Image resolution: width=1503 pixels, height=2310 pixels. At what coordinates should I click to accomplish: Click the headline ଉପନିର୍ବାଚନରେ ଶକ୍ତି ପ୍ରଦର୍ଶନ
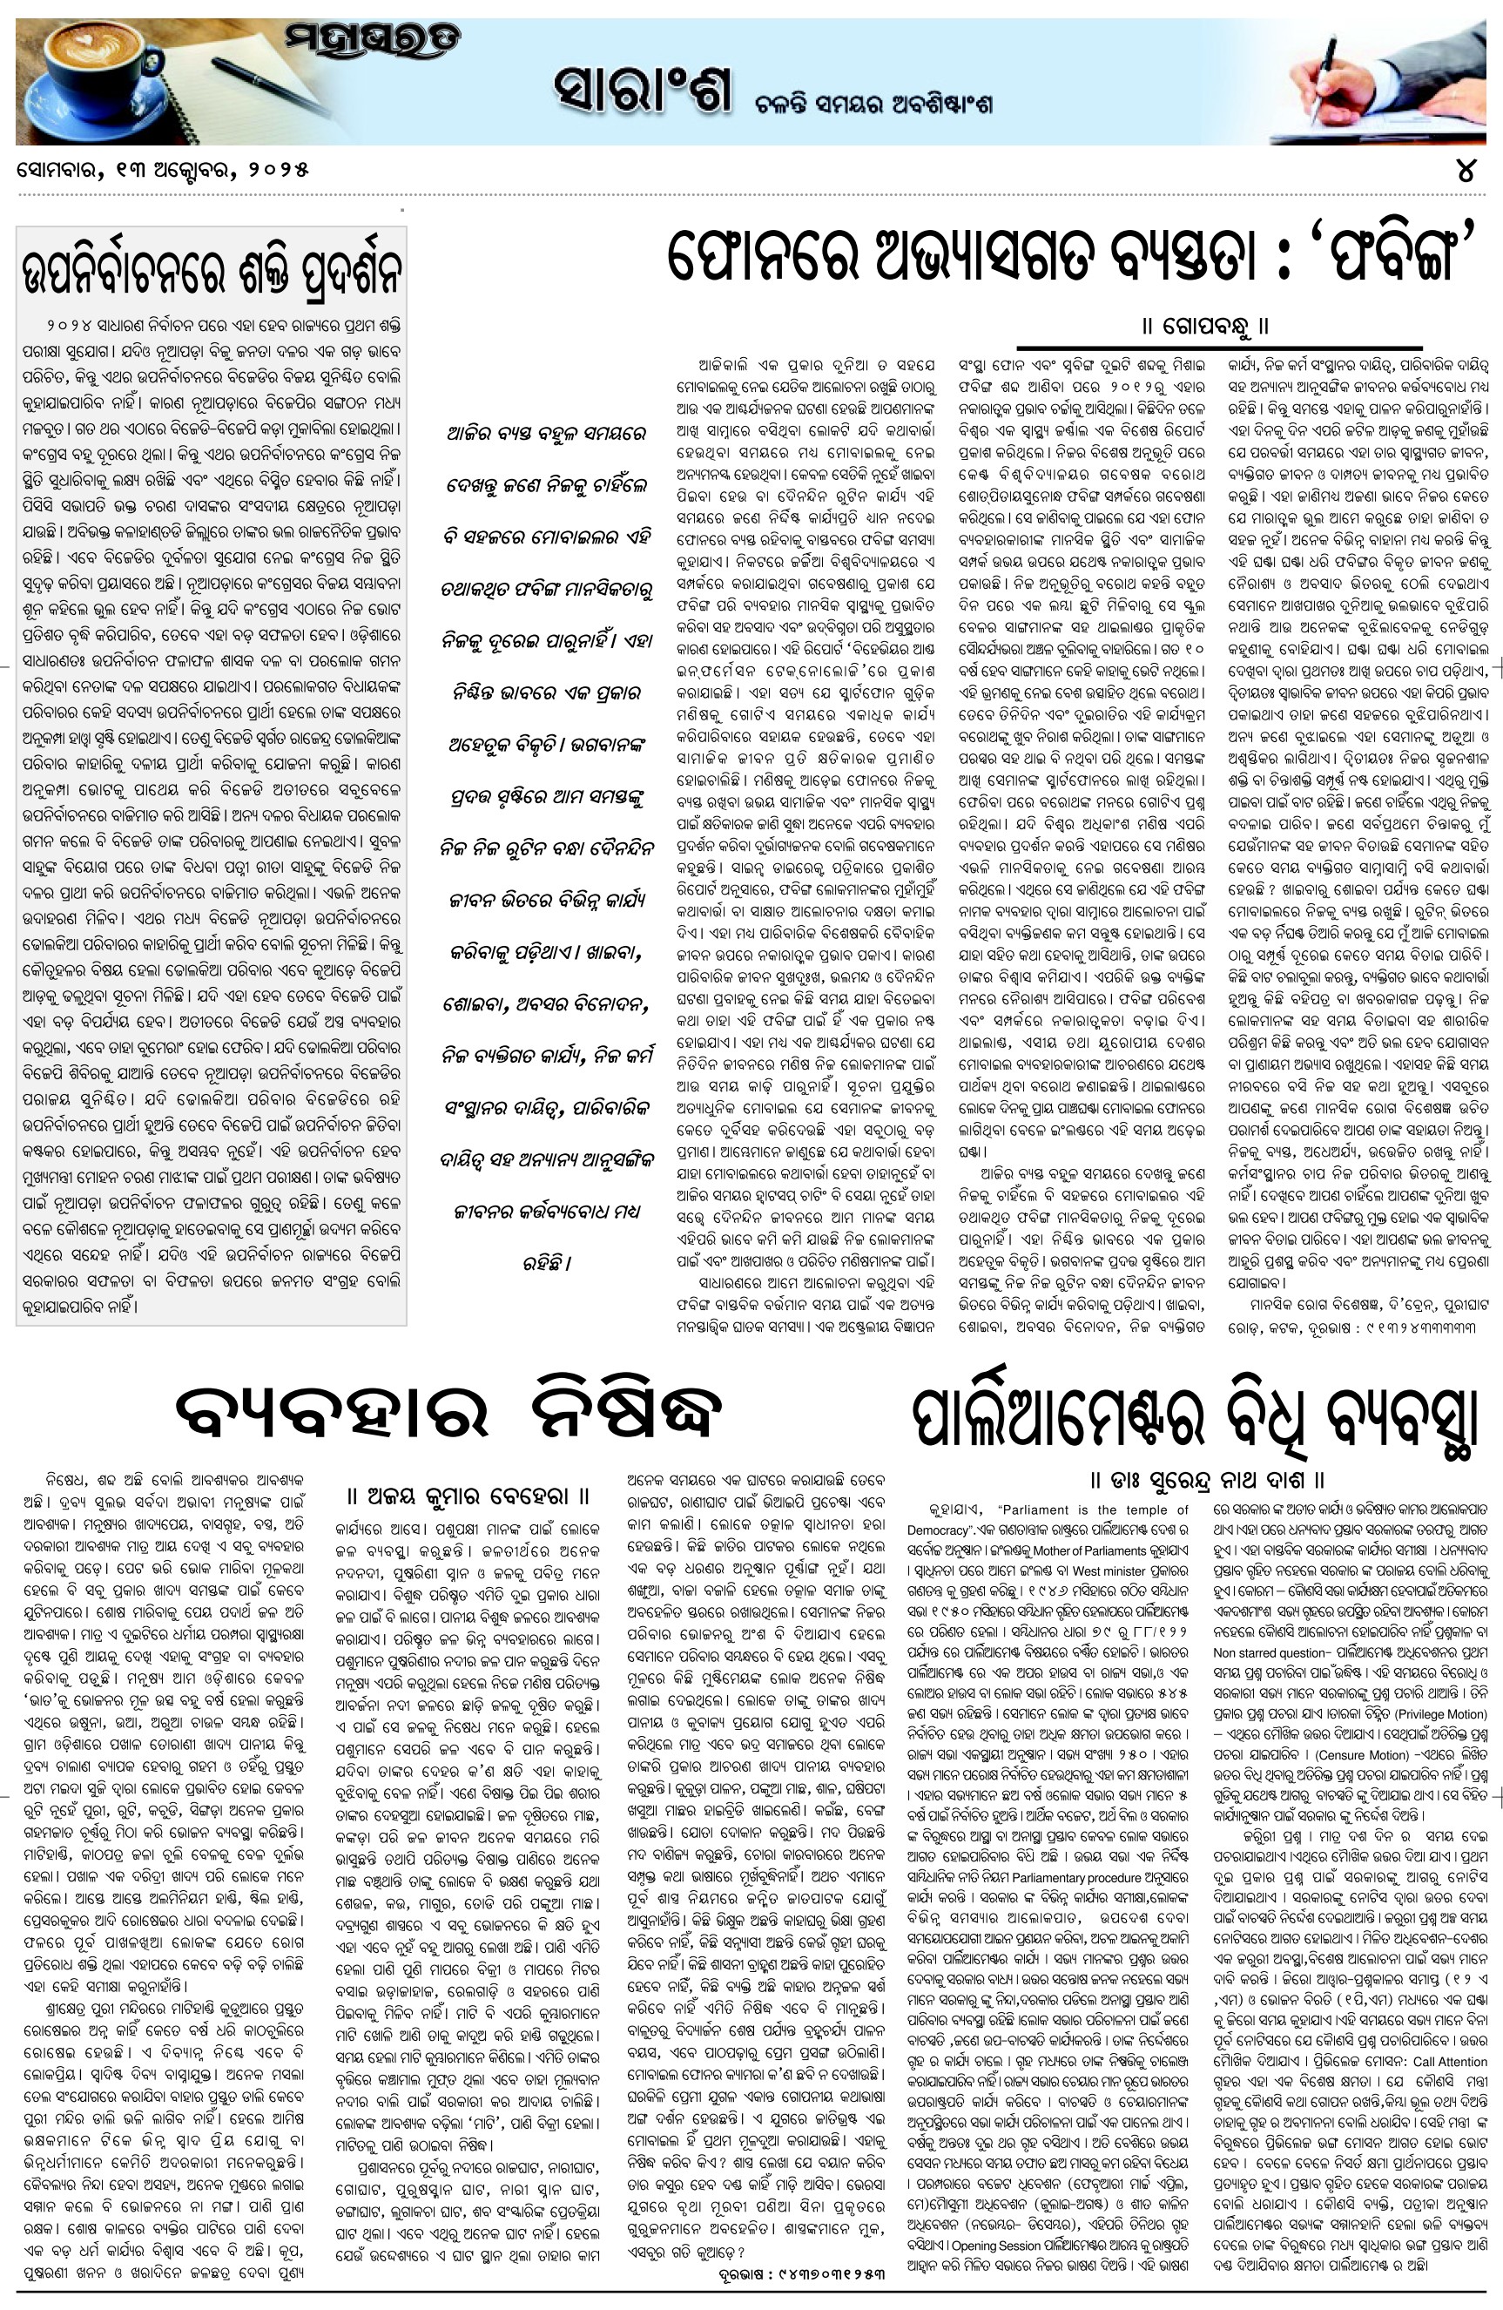tap(212, 271)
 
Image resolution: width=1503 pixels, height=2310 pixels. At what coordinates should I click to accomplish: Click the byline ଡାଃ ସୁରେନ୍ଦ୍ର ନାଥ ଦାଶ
tap(1207, 1480)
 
